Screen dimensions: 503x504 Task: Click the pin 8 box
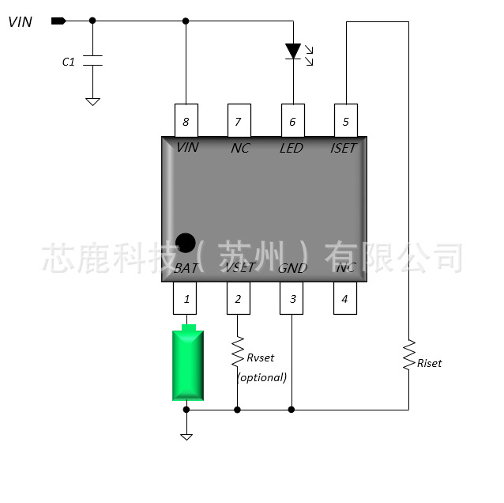pyautogui.click(x=186, y=121)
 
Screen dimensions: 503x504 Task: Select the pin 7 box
pyautogui.click(x=239, y=121)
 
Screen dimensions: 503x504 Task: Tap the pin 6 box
pyautogui.click(x=292, y=121)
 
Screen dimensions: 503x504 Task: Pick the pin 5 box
pyautogui.click(x=345, y=121)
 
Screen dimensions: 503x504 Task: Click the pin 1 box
pyautogui.click(x=186, y=299)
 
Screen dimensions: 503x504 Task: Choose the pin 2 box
pyautogui.click(x=238, y=299)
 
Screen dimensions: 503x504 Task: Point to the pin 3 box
pyautogui.click(x=292, y=299)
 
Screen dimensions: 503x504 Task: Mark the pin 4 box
pyautogui.click(x=344, y=299)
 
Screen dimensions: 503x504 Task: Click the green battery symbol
pyautogui.click(x=187, y=364)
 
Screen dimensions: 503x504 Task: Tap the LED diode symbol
pyautogui.click(x=293, y=51)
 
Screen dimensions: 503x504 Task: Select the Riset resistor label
pyautogui.click(x=429, y=363)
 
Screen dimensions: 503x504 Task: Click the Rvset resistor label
pyautogui.click(x=260, y=357)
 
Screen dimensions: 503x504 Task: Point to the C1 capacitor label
pyautogui.click(x=69, y=61)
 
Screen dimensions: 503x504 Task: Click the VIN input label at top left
pyautogui.click(x=21, y=22)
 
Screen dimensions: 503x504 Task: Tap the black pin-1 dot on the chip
pyautogui.click(x=186, y=242)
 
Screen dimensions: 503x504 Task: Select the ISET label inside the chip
pyautogui.click(x=344, y=148)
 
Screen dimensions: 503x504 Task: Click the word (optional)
pyautogui.click(x=261, y=377)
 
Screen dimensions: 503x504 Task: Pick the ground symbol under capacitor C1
pyautogui.click(x=92, y=100)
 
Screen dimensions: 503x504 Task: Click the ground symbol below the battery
pyautogui.click(x=186, y=436)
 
